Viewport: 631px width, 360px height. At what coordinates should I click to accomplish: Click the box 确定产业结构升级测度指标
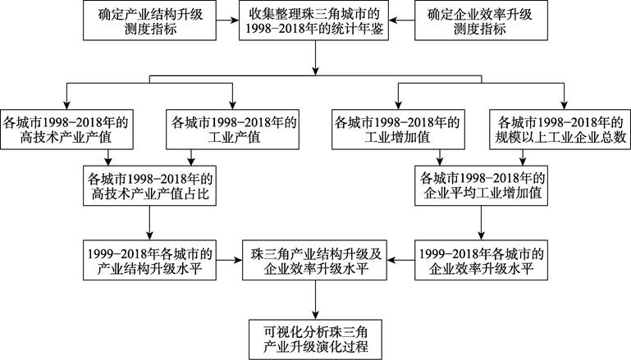click(x=149, y=21)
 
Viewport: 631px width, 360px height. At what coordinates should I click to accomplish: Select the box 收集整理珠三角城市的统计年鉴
click(x=314, y=21)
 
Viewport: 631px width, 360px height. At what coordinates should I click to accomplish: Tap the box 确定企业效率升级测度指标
click(x=482, y=21)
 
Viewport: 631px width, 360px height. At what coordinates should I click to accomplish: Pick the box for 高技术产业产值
click(x=66, y=130)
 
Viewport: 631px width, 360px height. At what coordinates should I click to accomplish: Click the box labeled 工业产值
click(x=232, y=130)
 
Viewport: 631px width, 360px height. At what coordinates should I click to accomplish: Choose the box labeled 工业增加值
click(x=399, y=130)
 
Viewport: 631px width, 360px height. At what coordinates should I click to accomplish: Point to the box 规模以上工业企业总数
click(x=560, y=130)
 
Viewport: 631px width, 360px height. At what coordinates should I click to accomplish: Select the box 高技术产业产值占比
click(x=149, y=186)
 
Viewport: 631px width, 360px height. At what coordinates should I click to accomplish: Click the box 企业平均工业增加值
click(x=482, y=186)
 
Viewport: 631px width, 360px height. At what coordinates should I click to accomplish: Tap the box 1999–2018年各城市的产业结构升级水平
click(x=149, y=260)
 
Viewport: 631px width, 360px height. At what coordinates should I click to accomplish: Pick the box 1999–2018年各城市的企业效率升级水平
click(x=482, y=260)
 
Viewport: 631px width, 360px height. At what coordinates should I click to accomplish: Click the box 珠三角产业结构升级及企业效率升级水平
click(x=315, y=260)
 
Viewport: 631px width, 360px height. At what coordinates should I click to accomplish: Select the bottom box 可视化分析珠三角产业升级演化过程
click(x=315, y=339)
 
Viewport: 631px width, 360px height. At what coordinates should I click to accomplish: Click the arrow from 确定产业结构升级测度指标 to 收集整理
click(x=228, y=21)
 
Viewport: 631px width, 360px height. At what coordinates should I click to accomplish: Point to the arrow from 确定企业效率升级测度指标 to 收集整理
click(x=401, y=21)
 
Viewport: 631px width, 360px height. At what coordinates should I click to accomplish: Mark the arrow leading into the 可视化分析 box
click(x=315, y=299)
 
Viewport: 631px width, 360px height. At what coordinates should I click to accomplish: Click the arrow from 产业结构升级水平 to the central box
click(x=230, y=260)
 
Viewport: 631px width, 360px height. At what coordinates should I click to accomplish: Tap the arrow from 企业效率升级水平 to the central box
click(x=400, y=260)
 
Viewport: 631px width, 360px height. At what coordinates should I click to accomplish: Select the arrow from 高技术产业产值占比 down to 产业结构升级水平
click(x=149, y=223)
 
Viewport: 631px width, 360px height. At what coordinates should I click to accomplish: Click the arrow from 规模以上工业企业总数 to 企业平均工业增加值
click(x=523, y=157)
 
